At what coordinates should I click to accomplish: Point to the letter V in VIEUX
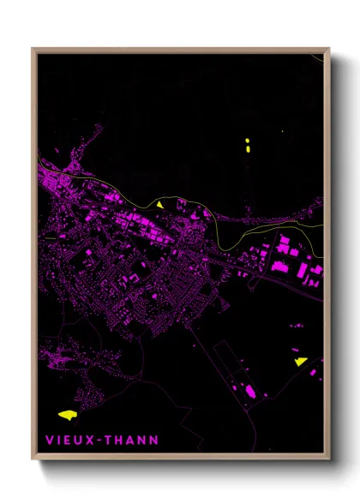pyautogui.click(x=49, y=441)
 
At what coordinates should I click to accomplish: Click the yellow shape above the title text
pyautogui.click(x=66, y=414)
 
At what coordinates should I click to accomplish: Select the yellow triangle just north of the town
pyautogui.click(x=159, y=205)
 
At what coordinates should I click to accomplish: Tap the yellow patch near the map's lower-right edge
pyautogui.click(x=300, y=362)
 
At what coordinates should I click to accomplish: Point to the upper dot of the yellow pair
pyautogui.click(x=247, y=140)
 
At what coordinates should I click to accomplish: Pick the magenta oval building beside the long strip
pyautogui.click(x=250, y=391)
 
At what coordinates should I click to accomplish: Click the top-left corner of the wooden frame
pyautogui.click(x=33, y=49)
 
